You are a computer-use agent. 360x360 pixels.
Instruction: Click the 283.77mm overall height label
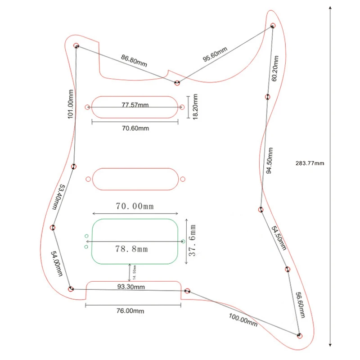pyautogui.click(x=310, y=163)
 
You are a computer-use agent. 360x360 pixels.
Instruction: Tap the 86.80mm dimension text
pyautogui.click(x=134, y=61)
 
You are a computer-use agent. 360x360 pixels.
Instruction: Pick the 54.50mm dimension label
pyautogui.click(x=279, y=238)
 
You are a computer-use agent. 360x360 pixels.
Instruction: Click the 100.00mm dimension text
pyautogui.click(x=243, y=320)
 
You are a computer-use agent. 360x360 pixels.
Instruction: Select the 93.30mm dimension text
pyautogui.click(x=131, y=287)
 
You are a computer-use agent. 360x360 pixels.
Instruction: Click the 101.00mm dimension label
pyautogui.click(x=70, y=104)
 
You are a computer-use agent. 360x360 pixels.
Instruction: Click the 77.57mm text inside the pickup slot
pyautogui.click(x=135, y=105)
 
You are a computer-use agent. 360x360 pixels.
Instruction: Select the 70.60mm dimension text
pyautogui.click(x=135, y=128)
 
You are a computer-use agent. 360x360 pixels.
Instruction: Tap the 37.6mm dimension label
pyautogui.click(x=192, y=242)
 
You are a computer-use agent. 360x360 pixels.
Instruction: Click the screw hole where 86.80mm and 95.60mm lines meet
pyautogui.click(x=177, y=83)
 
